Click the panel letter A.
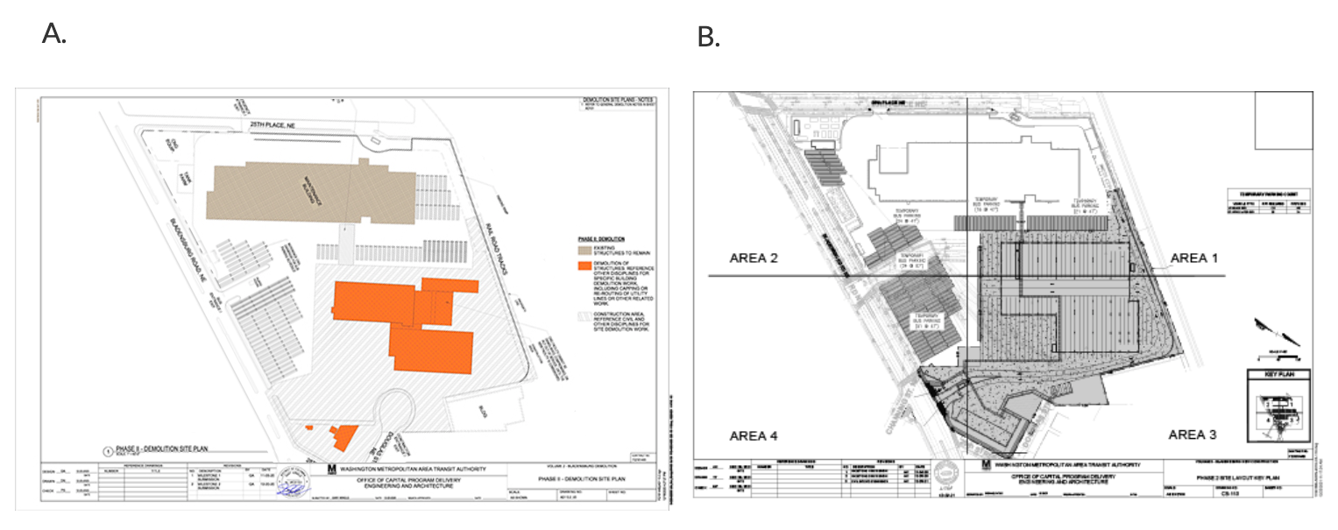pos(54,34)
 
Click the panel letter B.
pos(708,37)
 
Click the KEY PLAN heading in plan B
pos(1278,376)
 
